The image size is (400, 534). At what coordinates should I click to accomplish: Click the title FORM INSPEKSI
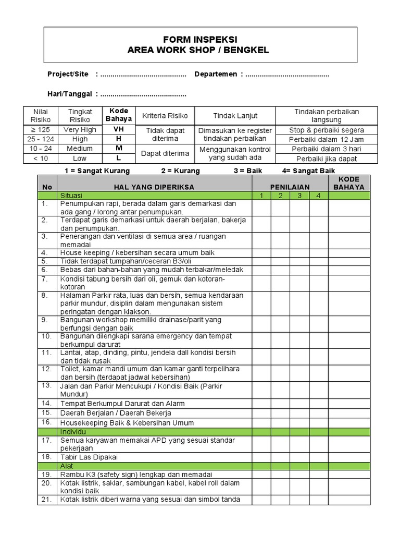(x=201, y=40)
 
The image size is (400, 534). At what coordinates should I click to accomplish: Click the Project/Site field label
(x=68, y=75)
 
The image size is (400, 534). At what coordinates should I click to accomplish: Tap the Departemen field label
(x=216, y=75)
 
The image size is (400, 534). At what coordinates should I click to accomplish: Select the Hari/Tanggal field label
(x=70, y=94)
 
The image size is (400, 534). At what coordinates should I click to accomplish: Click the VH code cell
(x=119, y=130)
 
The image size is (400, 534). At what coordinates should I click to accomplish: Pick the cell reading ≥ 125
(x=40, y=130)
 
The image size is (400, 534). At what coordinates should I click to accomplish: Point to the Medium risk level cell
(x=80, y=149)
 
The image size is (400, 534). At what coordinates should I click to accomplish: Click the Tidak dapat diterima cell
(x=165, y=135)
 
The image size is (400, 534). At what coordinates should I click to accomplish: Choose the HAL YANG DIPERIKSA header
(x=154, y=187)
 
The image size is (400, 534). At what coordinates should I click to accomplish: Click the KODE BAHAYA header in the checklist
(x=348, y=183)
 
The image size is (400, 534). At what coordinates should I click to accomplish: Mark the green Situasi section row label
(x=72, y=196)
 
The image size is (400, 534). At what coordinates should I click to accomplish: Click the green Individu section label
(x=73, y=432)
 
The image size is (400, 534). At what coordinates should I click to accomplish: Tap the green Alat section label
(x=67, y=466)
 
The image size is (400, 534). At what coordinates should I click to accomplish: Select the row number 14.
(x=46, y=403)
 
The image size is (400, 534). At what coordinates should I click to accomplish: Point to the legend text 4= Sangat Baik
(x=308, y=171)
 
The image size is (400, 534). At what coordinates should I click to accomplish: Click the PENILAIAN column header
(x=290, y=187)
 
